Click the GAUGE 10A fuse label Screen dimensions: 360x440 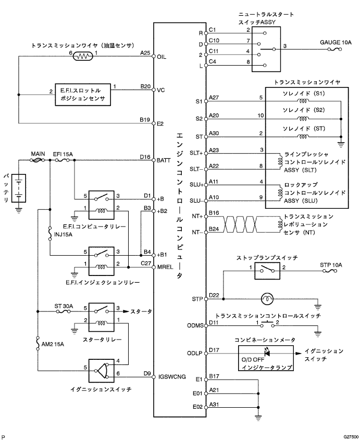(336, 42)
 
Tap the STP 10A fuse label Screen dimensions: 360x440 (331, 265)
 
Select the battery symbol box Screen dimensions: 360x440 (19, 188)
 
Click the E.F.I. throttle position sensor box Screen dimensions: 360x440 (83, 95)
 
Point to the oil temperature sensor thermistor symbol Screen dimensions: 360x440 (82, 56)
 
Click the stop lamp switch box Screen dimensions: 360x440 (267, 271)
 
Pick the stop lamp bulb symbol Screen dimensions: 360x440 (267, 299)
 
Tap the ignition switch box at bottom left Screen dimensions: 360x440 (102, 371)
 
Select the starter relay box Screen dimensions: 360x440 (102, 317)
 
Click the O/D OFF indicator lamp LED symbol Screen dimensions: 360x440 (267, 353)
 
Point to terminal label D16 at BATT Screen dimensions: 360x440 (145, 157)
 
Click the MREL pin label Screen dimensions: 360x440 (165, 267)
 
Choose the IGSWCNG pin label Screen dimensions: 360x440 (172, 376)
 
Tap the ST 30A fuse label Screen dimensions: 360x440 (64, 306)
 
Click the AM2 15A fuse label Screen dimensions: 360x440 (53, 344)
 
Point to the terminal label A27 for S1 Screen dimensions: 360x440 (214, 97)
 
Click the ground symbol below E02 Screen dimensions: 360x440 (258, 418)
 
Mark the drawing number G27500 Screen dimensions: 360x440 (351, 437)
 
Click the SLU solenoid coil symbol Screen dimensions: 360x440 (280, 193)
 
